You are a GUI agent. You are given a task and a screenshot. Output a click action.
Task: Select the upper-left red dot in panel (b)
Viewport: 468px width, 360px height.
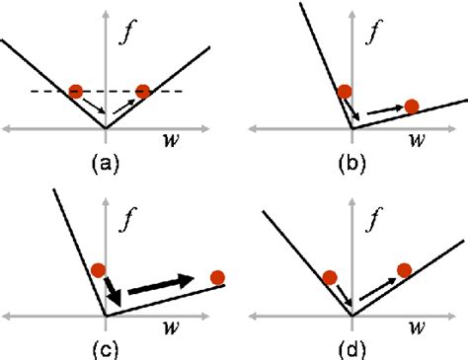(x=344, y=93)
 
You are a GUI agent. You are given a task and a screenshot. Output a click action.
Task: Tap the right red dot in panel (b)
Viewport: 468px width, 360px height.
(x=412, y=106)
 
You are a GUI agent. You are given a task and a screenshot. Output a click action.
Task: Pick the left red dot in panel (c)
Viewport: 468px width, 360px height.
(x=98, y=269)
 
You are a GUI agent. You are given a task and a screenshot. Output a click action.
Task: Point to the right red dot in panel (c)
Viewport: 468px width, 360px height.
(x=217, y=277)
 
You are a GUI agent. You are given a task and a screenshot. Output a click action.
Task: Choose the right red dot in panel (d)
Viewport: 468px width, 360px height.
(x=404, y=269)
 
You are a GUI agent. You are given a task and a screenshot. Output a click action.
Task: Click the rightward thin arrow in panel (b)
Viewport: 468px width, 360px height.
(x=383, y=112)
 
